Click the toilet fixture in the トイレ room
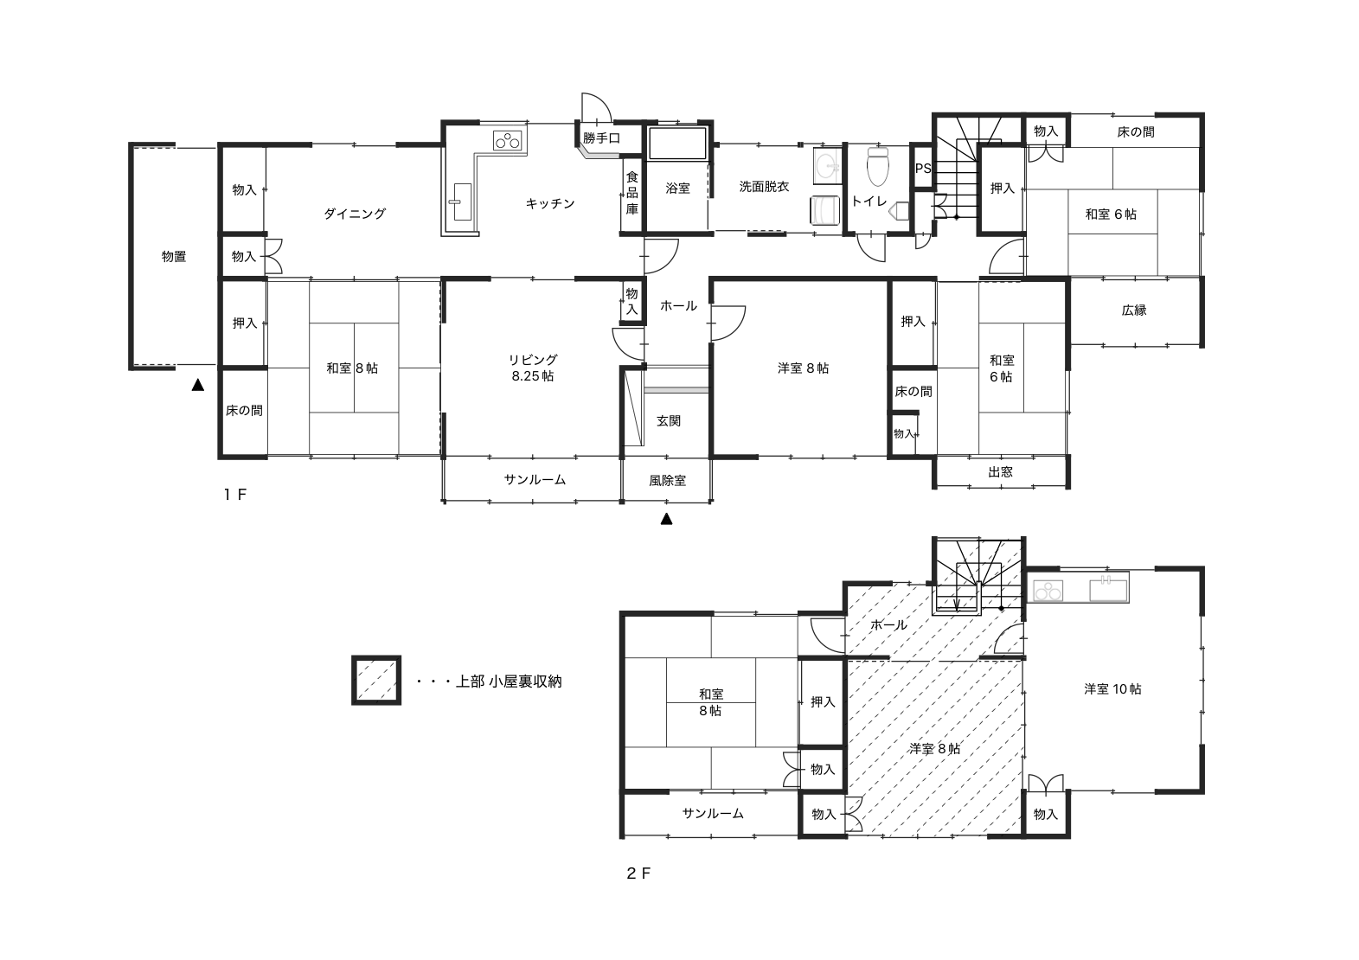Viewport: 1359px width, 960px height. click(878, 165)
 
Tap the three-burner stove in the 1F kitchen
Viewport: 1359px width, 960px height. click(508, 141)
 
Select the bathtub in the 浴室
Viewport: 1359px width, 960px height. click(677, 143)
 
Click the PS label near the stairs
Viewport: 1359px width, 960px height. click(923, 168)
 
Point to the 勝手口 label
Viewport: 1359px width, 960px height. click(602, 138)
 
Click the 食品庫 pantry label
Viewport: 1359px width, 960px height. click(632, 193)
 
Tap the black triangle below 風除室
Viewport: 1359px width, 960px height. click(667, 519)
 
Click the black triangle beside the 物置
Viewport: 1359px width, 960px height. click(198, 385)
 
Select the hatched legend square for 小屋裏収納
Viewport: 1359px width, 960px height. click(376, 680)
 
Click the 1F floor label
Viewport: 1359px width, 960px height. click(234, 495)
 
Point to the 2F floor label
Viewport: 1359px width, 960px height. click(638, 874)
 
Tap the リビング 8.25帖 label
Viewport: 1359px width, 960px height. click(533, 368)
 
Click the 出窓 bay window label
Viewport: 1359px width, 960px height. click(1001, 472)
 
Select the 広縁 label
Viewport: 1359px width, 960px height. click(1134, 310)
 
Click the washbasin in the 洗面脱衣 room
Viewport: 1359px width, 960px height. click(826, 164)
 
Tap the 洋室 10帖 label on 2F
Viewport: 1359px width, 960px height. click(1112, 689)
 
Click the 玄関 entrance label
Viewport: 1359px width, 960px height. click(669, 421)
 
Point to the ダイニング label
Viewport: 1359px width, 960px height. click(355, 214)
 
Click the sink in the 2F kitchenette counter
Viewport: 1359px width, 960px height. click(1108, 589)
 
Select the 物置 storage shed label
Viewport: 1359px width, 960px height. click(174, 257)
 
